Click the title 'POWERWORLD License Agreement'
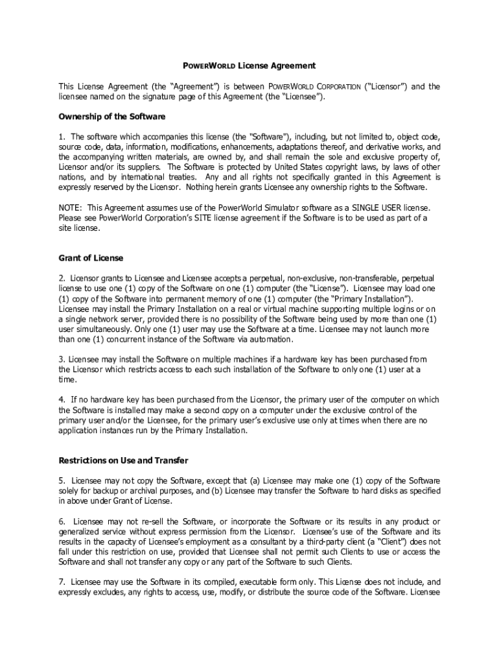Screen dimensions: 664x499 248,65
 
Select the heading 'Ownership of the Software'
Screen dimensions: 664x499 112,117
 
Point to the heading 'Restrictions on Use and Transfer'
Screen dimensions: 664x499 123,460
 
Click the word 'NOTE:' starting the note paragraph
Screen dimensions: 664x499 70,207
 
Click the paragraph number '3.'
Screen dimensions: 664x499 62,359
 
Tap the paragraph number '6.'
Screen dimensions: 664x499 62,522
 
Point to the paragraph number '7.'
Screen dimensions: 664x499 62,582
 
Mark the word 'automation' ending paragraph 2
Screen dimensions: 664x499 271,339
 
